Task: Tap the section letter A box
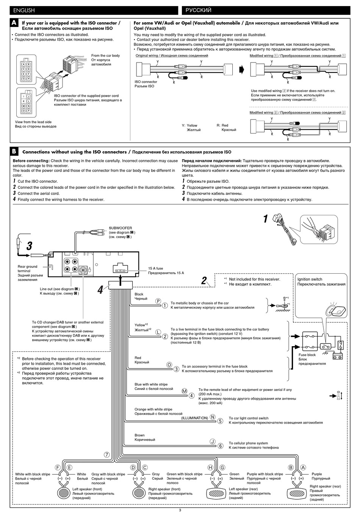coord(14,23)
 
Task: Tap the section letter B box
coord(14,152)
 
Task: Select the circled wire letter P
coord(158,301)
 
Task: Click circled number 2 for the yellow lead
coord(165,336)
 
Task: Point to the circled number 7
coord(107,455)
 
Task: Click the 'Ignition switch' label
coord(310,279)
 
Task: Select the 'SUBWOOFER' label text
coord(121,228)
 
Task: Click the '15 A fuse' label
coord(155,268)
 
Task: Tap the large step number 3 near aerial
coord(30,246)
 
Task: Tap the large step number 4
coord(100,290)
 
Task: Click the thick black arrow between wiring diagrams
coord(242,69)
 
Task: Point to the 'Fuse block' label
coord(307,355)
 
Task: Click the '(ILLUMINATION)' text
coord(194,418)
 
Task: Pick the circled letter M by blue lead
coord(185,391)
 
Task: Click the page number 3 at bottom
coord(180,510)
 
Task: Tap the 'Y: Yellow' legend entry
coord(189,126)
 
